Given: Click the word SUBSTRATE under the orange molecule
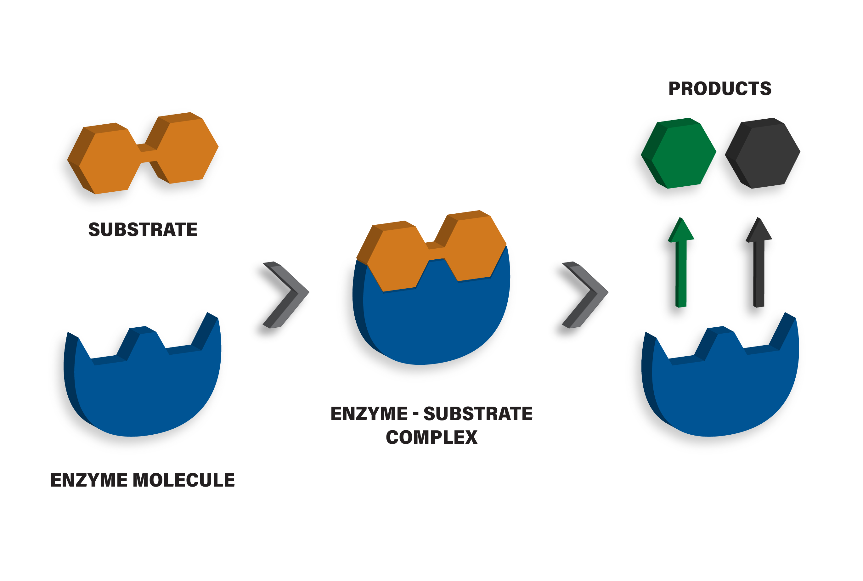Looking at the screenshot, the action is click(143, 229).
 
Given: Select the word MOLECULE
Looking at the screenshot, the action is click(184, 480).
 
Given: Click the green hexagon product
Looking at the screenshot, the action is click(679, 153).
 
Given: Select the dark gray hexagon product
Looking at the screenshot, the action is click(763, 153).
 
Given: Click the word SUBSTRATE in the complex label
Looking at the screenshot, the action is click(478, 414).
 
